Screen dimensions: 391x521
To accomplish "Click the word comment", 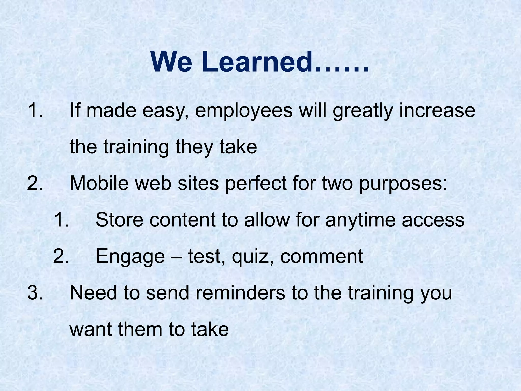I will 322,256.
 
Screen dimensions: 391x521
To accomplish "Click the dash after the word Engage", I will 176,257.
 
